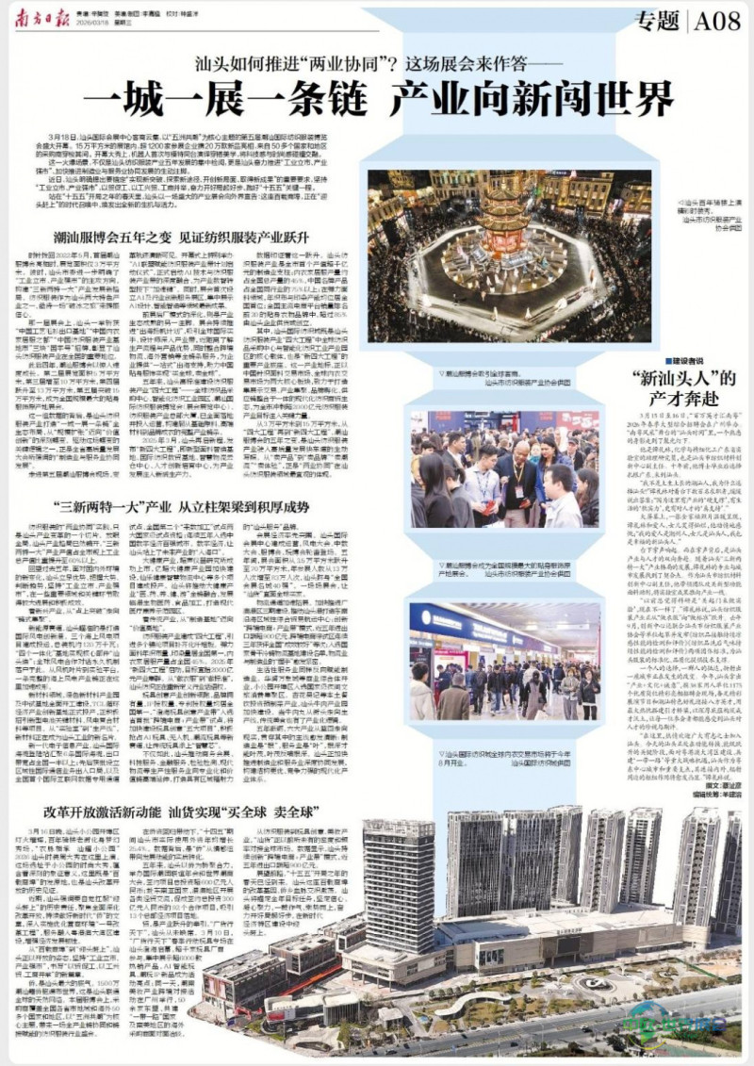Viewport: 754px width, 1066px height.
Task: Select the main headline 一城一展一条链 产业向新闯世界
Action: tap(377, 99)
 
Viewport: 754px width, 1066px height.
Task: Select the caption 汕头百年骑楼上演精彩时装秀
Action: tap(713, 206)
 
